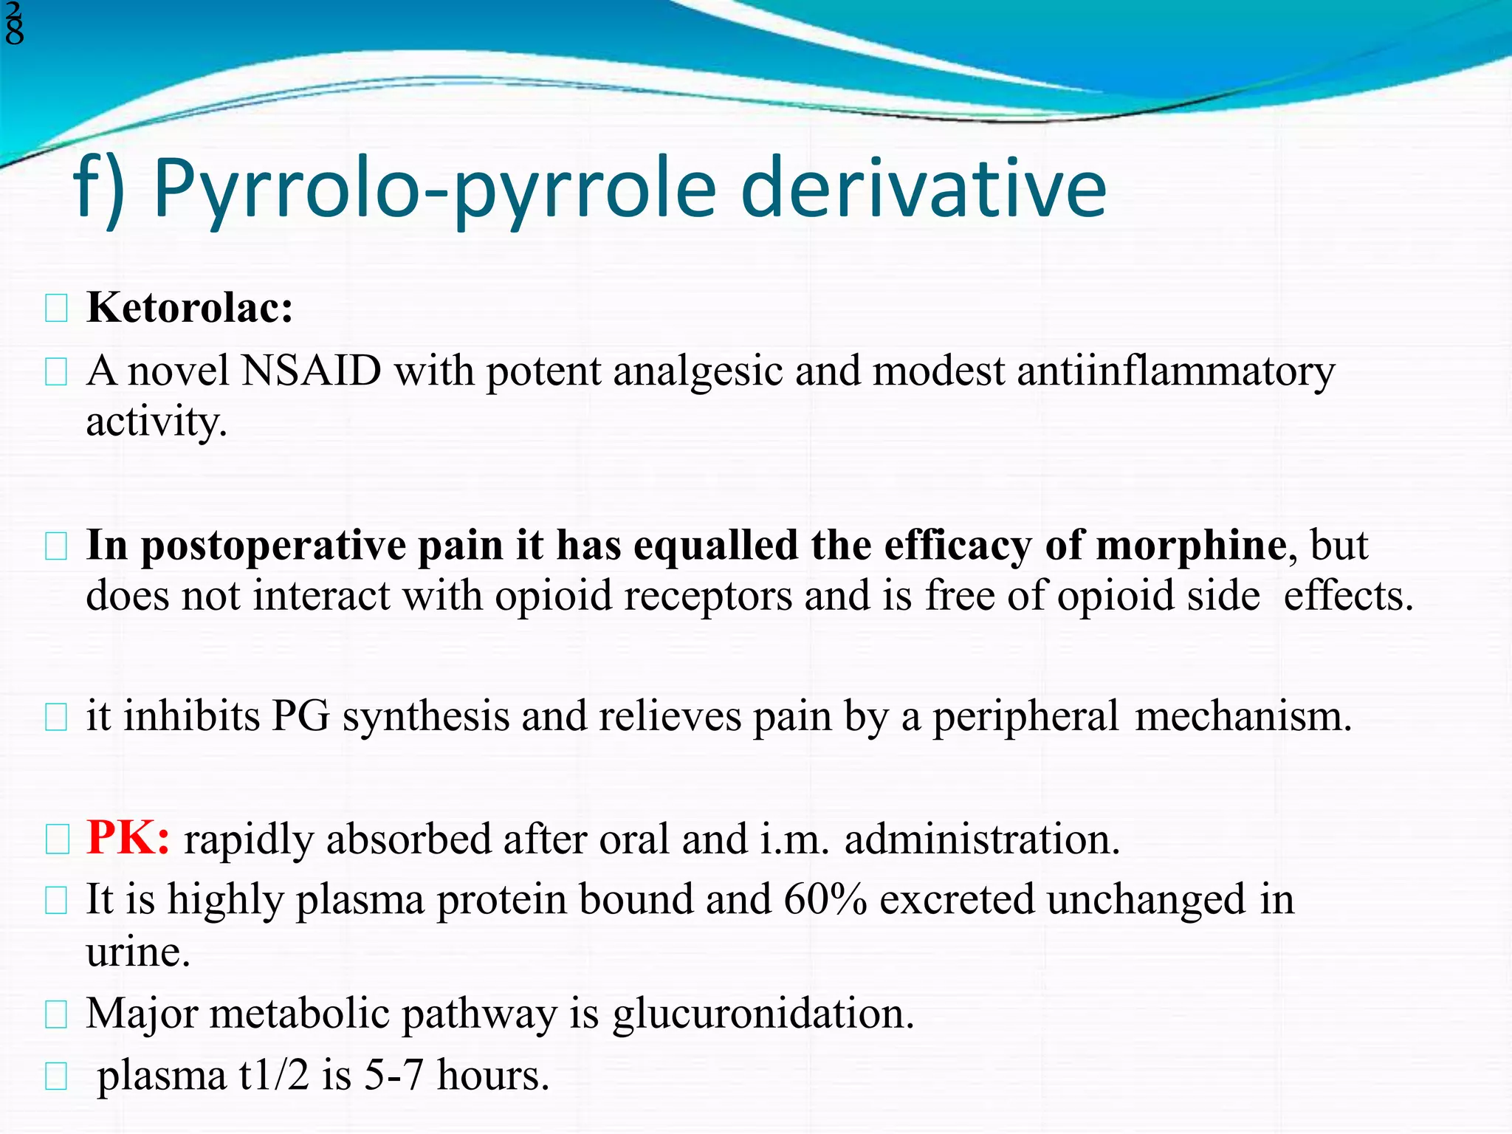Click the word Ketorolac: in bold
coord(190,307)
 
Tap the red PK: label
coord(128,839)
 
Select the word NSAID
coord(311,371)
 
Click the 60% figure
coord(825,900)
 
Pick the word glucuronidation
coord(763,1013)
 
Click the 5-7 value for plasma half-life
coord(394,1075)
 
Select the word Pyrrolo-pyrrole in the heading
coord(435,190)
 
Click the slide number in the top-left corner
coord(13,22)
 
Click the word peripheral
coord(1025,717)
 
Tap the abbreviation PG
coord(300,717)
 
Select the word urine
coord(137,952)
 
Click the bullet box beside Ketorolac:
coord(56,309)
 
